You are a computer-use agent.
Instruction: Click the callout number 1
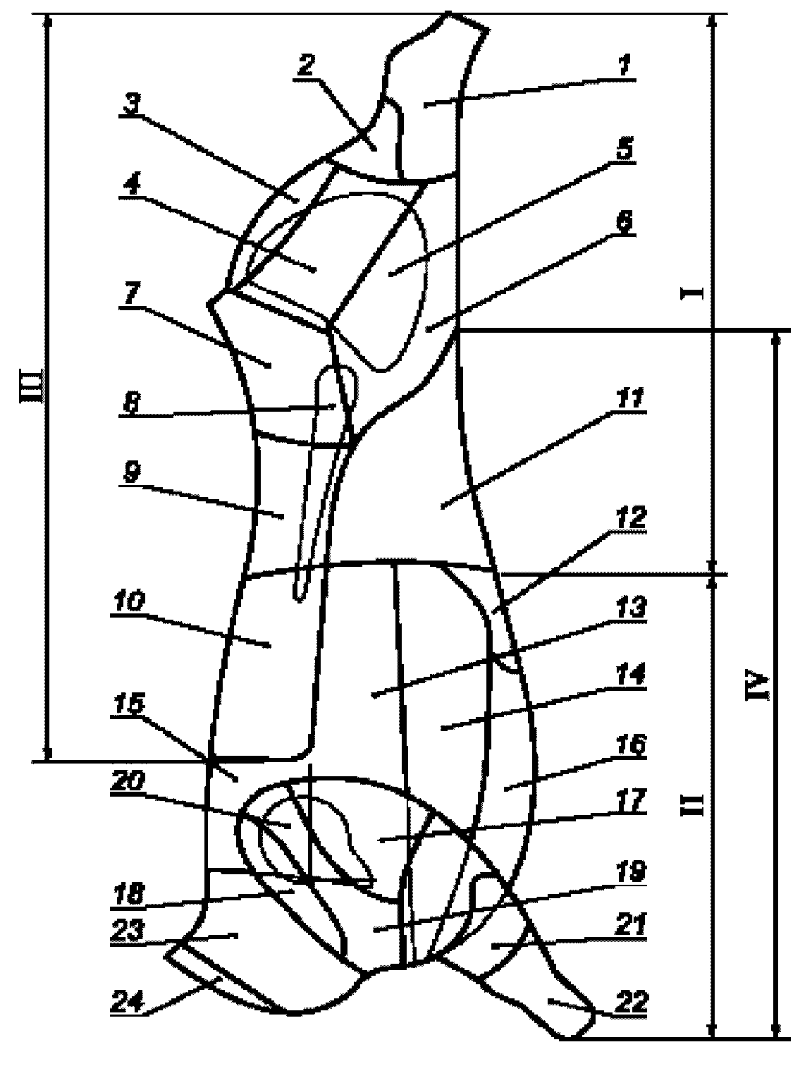(x=625, y=68)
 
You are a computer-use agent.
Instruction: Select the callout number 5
(x=625, y=149)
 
